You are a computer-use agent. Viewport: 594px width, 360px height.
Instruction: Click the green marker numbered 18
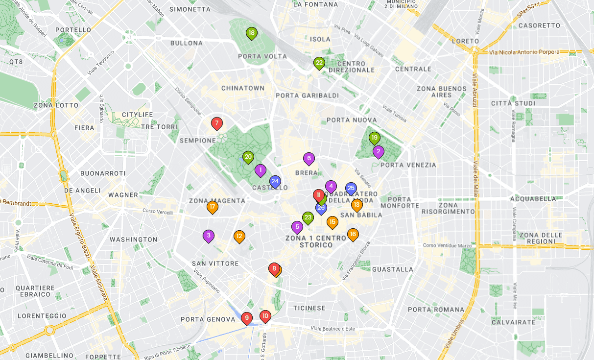[x=251, y=33]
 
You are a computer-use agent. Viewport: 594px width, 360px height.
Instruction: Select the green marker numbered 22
[x=319, y=63]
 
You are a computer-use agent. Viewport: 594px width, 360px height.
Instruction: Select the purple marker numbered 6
[x=309, y=158]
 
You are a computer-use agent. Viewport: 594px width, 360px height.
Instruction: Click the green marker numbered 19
[x=375, y=138]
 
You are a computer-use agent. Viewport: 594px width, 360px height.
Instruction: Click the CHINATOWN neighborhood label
[x=243, y=88]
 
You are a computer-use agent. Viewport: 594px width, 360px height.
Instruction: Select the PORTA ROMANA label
[x=436, y=310]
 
